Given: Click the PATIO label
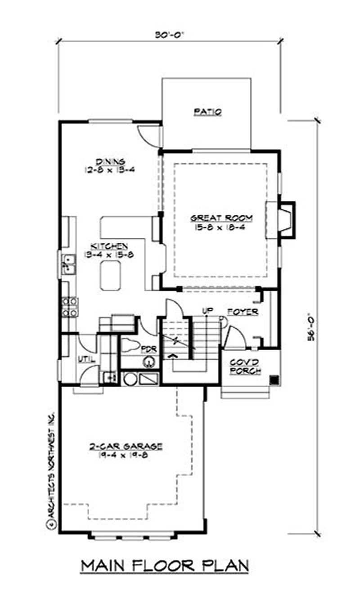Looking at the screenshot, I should pyautogui.click(x=207, y=112).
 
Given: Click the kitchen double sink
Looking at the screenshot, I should pyautogui.click(x=68, y=264).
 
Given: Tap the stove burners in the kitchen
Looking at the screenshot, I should pyautogui.click(x=71, y=306).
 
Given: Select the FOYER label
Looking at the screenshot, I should pyautogui.click(x=243, y=312).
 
